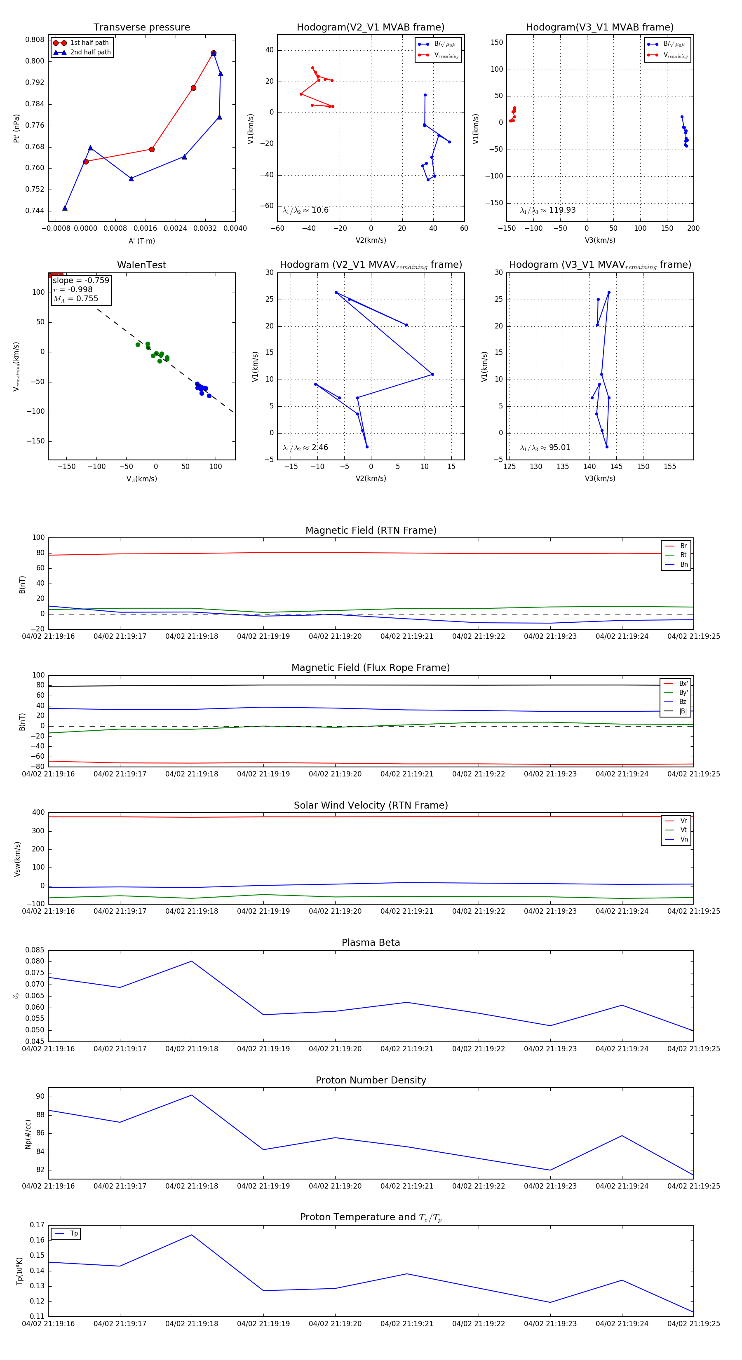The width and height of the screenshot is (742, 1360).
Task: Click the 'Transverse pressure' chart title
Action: coord(141,28)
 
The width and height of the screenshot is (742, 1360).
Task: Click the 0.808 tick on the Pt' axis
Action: coord(35,40)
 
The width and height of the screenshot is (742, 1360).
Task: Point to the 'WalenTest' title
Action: coord(141,265)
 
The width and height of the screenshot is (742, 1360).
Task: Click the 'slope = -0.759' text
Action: coord(81,280)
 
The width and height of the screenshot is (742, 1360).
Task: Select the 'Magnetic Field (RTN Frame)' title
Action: coord(371,530)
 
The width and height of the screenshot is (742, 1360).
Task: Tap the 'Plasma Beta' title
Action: coord(371,943)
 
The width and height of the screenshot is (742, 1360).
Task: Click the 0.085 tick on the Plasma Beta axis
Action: coord(35,950)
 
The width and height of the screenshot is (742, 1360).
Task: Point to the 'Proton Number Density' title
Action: coord(371,1080)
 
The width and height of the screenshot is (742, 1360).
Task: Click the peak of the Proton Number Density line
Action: coord(192,1095)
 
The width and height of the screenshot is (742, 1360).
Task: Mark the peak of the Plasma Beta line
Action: coord(192,961)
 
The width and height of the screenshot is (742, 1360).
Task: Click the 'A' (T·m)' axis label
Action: coord(141,241)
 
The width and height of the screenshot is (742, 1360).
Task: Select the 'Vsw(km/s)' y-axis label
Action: coord(17,859)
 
